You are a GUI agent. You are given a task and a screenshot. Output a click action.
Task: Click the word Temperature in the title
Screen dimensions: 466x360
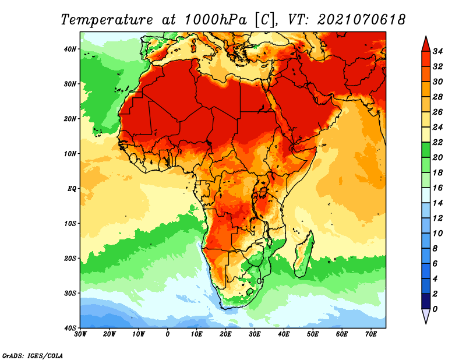coord(107,20)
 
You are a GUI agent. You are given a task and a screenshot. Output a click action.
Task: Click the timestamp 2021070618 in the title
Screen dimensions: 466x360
coord(361,20)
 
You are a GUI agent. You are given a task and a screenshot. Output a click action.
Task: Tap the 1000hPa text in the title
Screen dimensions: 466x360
coord(216,20)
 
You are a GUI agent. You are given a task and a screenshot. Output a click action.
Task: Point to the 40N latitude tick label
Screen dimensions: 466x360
coord(70,49)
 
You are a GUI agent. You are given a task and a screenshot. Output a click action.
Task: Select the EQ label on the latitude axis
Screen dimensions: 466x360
coord(72,189)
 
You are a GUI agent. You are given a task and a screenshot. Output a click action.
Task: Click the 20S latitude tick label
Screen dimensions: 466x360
coord(70,258)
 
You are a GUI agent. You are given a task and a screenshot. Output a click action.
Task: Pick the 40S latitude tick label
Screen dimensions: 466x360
coord(70,328)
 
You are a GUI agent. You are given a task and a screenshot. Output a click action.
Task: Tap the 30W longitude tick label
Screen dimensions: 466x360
coord(80,334)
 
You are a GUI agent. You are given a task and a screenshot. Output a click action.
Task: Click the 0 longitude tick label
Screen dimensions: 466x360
coord(168,334)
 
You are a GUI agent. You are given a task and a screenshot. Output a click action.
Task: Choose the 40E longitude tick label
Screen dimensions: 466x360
coord(284,334)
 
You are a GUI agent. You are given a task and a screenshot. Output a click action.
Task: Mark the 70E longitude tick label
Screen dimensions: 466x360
coord(371,334)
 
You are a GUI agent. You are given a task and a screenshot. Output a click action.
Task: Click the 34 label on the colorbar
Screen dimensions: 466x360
coord(437,51)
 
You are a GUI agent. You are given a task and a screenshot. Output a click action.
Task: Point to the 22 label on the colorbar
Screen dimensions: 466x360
coord(437,142)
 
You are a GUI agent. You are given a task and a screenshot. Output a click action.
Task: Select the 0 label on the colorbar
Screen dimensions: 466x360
coord(435,309)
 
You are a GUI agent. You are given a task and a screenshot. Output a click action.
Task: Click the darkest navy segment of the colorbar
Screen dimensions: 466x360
coord(426,301)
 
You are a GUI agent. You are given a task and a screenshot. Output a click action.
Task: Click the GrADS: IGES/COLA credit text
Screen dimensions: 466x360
coord(33,355)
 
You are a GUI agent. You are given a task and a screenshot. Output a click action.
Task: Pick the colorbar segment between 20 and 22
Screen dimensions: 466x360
coord(426,150)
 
